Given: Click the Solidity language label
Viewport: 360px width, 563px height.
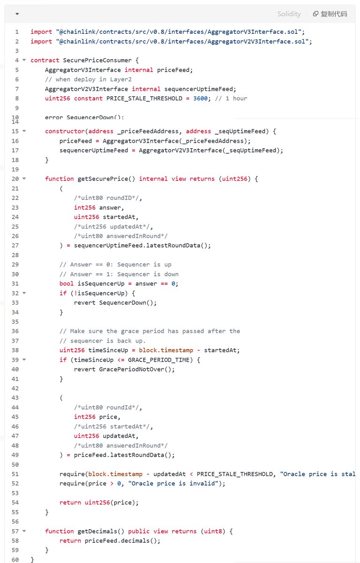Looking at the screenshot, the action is pos(289,14).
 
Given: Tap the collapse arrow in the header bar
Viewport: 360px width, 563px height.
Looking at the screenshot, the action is pos(17,14).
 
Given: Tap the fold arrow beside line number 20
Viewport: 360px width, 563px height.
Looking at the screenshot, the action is pos(24,179).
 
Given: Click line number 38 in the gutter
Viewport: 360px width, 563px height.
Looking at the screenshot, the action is pos(15,350).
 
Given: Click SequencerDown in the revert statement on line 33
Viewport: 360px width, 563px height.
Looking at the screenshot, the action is pos(121,303).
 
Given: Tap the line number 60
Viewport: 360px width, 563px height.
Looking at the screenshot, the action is pos(15,560).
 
